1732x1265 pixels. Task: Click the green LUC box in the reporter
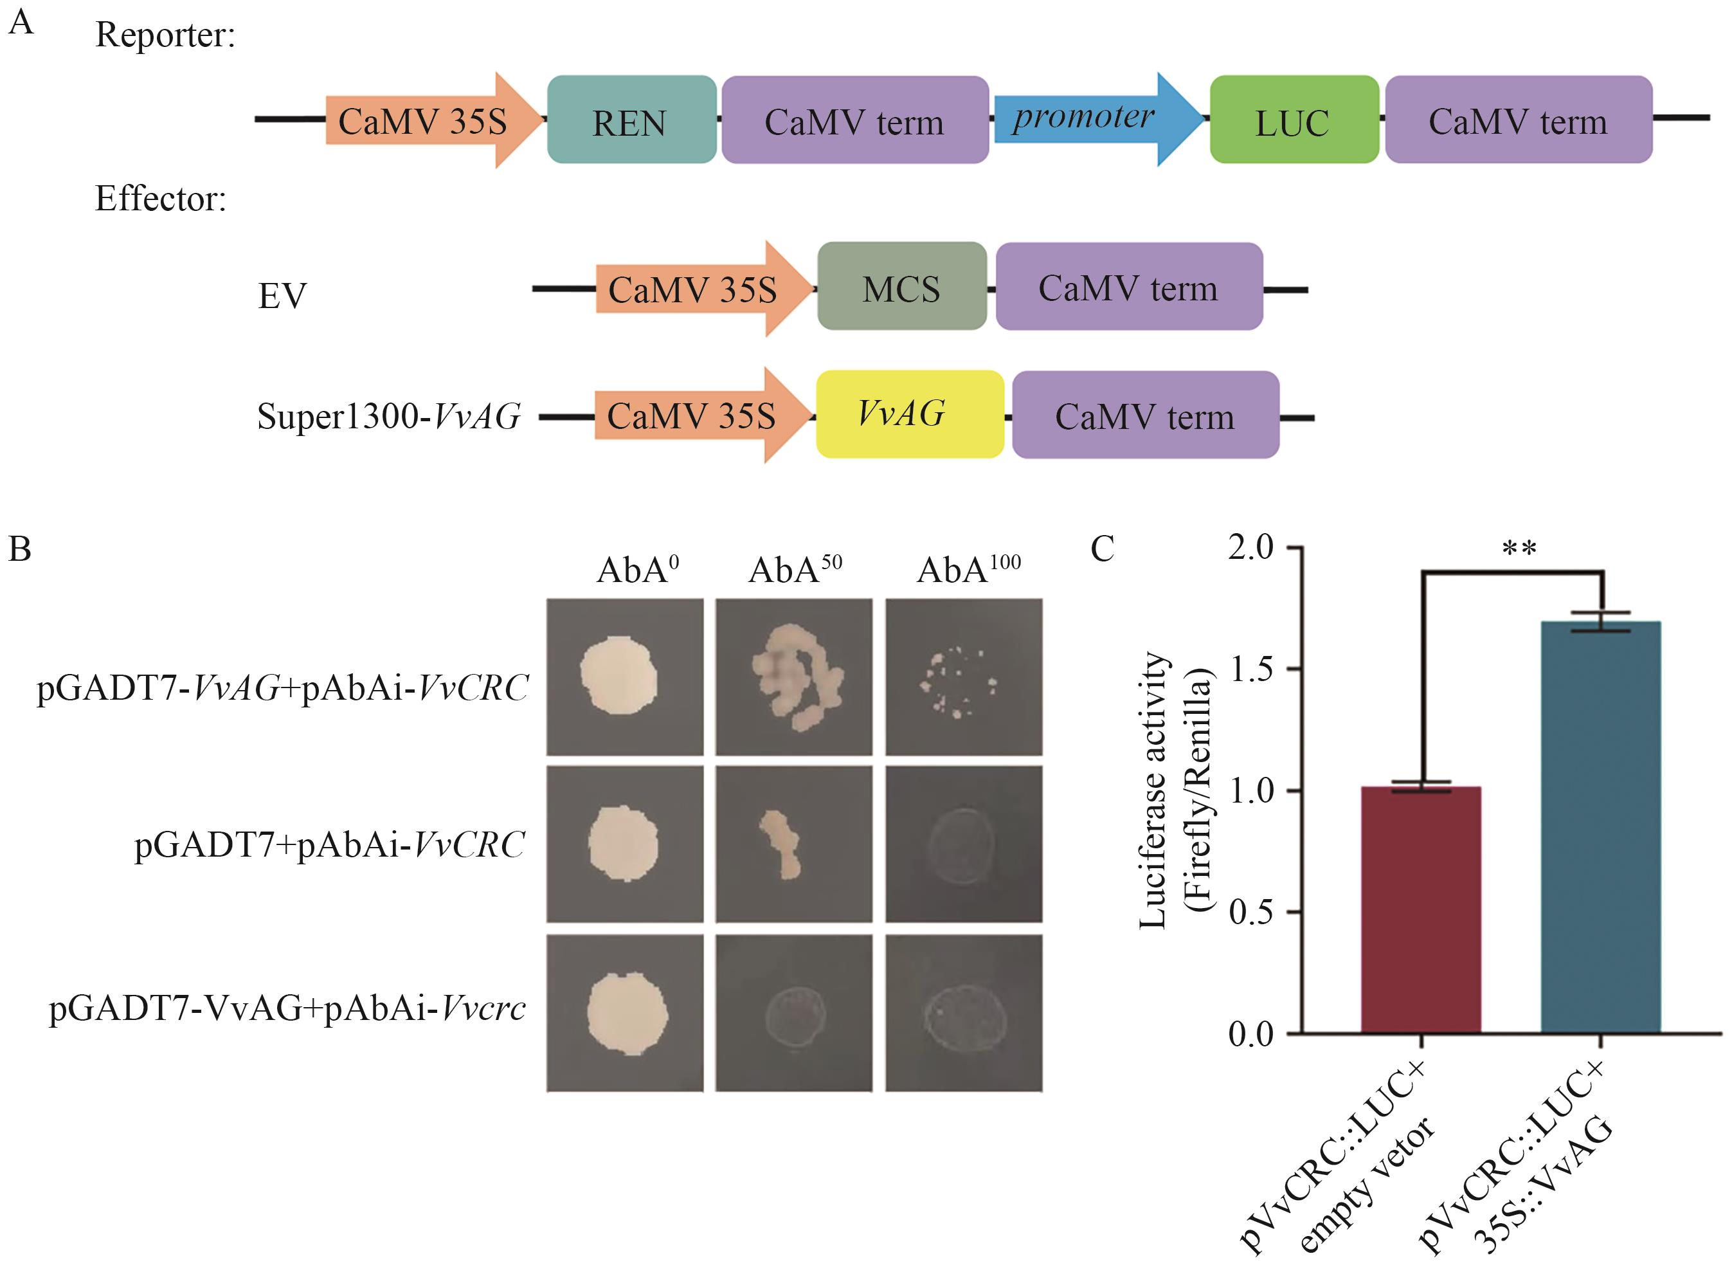[x=1294, y=120]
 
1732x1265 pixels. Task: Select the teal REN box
[x=631, y=120]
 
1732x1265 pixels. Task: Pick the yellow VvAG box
[x=909, y=414]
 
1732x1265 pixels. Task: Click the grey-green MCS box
[x=901, y=287]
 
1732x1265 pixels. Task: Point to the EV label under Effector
[x=282, y=296]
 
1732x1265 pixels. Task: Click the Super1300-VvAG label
[x=389, y=417]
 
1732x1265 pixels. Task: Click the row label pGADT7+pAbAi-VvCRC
[x=330, y=844]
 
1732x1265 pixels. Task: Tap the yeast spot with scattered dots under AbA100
[x=963, y=679]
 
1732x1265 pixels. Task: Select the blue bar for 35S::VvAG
[x=1600, y=827]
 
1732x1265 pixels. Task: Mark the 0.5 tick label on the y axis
[x=1250, y=913]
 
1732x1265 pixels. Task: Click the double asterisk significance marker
[x=1519, y=549]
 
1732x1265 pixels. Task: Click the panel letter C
[x=1102, y=549]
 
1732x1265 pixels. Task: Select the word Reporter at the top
[x=165, y=35]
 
